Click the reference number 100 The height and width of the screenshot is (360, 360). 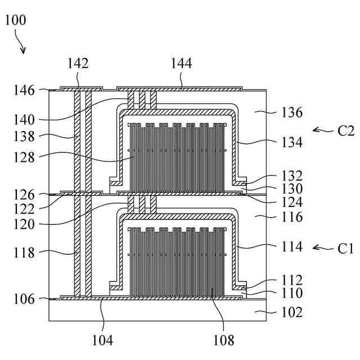coord(15,21)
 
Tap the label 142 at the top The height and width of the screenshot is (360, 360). coord(78,64)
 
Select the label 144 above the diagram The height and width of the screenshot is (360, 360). coord(182,64)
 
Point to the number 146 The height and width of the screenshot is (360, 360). coord(25,90)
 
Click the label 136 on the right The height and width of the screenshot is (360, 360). coord(291,112)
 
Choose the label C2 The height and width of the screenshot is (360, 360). coord(346,131)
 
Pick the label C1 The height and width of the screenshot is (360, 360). coord(346,247)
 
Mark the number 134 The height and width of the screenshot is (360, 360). coord(291,143)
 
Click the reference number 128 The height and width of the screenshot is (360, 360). coord(25,159)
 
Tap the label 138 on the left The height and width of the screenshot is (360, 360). coord(25,136)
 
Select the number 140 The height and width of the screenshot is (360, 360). coord(25,119)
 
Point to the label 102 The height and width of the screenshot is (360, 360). coord(291,312)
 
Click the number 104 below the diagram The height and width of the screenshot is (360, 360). coord(103,339)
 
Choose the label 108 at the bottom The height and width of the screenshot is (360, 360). coord(223,339)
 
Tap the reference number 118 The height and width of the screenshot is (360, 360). coord(25,253)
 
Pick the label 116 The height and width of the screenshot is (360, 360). coord(291,217)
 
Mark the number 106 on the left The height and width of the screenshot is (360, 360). coord(25,299)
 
